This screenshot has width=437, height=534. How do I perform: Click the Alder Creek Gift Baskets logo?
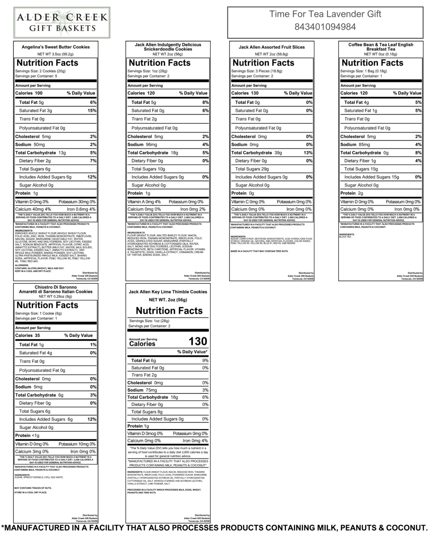pyautogui.click(x=62, y=23)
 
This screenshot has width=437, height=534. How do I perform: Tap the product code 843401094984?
pyautogui.click(x=325, y=27)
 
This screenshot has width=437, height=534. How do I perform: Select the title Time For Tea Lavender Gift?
pyautogui.click(x=325, y=14)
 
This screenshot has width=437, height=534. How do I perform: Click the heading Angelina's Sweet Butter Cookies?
pyautogui.click(x=56, y=47)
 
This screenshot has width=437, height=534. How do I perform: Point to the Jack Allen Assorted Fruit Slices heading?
pyautogui.click(x=272, y=47)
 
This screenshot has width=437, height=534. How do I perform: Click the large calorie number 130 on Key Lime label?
pyautogui.click(x=198, y=341)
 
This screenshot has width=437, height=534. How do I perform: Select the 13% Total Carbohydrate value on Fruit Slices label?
pyautogui.click(x=308, y=153)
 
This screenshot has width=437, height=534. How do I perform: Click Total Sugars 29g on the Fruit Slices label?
pyautogui.click(x=252, y=169)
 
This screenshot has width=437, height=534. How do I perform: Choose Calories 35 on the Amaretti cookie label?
pyautogui.click(x=28, y=336)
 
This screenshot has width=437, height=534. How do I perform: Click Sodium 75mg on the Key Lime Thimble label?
pyautogui.click(x=142, y=390)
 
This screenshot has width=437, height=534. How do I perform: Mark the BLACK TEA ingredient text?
pyautogui.click(x=345, y=237)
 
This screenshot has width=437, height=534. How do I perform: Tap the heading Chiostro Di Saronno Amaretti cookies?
pyautogui.click(x=56, y=289)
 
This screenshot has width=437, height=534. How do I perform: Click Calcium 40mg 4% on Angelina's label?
pyautogui.click(x=33, y=209)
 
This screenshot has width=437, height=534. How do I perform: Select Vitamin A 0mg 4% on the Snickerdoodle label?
pyautogui.click(x=144, y=202)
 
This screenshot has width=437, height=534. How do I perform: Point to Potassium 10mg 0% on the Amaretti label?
pyautogui.click(x=77, y=444)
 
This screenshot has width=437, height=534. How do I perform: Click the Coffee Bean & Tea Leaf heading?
pyautogui.click(x=381, y=47)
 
